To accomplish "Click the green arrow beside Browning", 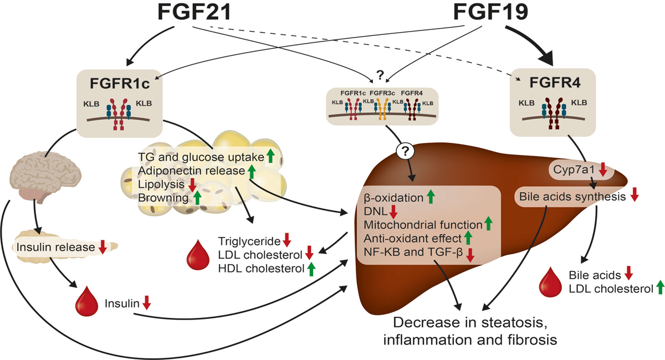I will pos(197,197).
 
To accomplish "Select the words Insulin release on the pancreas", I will pos(55,248).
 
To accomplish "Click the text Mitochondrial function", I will pos(423,225).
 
